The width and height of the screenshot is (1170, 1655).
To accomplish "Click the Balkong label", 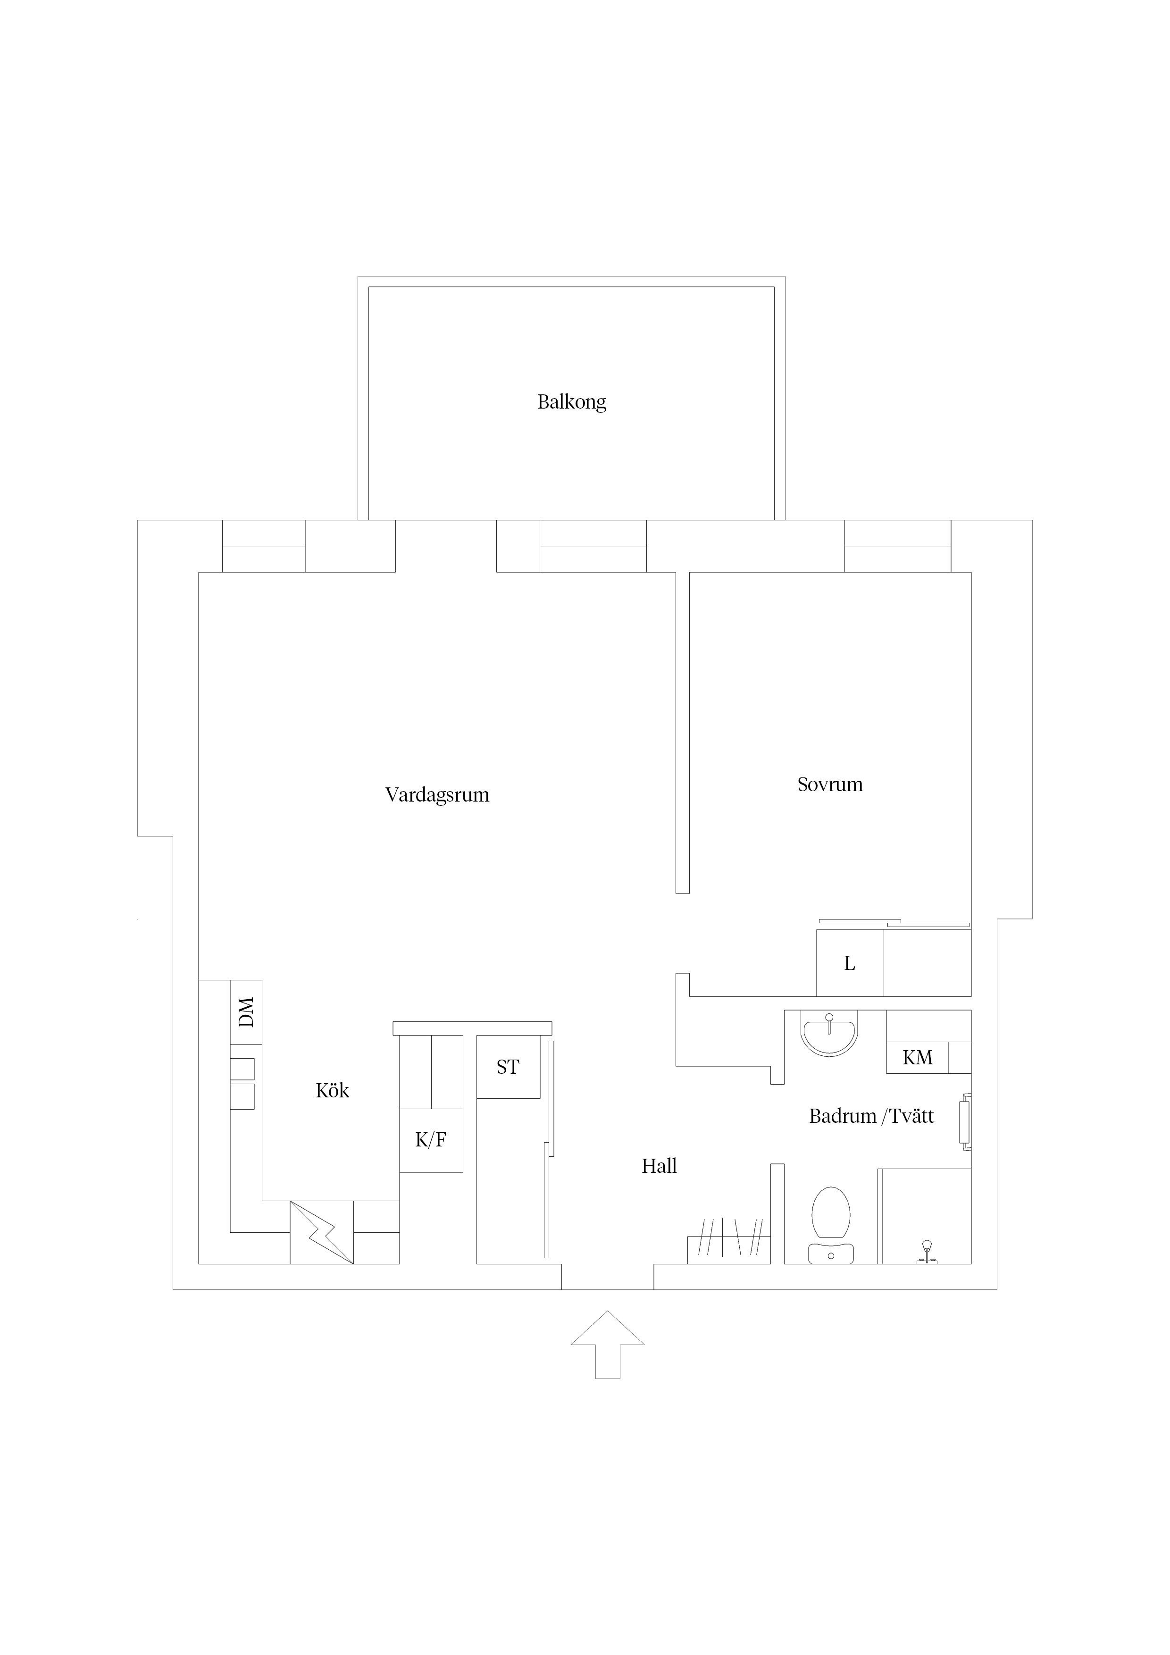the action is click(572, 402).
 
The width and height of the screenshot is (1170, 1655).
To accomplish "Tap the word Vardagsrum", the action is click(437, 795).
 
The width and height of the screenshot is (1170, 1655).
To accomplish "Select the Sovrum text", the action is click(830, 784).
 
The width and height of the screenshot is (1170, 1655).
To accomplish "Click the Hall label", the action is click(659, 1166).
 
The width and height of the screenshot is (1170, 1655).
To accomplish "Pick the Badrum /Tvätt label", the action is click(871, 1117).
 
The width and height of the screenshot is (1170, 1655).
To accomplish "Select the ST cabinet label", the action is click(508, 1067).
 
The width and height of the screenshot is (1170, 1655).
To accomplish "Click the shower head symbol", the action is click(927, 1252).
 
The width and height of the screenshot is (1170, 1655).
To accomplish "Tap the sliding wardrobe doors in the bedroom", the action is click(894, 923).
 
